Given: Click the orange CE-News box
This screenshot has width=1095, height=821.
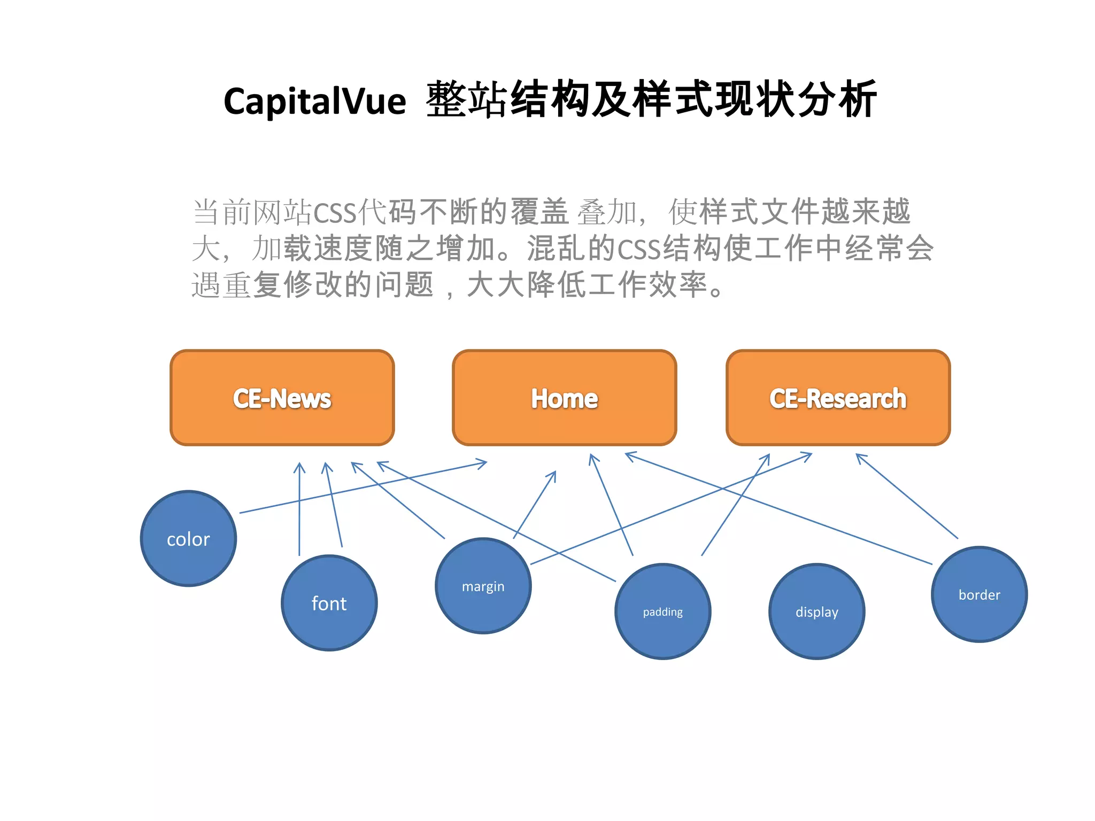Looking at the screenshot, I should (x=282, y=398).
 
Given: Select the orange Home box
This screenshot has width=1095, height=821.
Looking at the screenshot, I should (x=564, y=398).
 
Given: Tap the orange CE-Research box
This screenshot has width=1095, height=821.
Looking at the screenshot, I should (x=838, y=398).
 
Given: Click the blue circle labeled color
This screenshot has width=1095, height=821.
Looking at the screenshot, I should (x=188, y=539).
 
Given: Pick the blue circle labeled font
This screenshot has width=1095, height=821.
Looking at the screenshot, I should (x=329, y=603).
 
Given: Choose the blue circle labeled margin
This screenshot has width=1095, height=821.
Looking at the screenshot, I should (x=483, y=586).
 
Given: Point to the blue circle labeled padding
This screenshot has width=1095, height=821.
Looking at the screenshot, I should (x=663, y=611).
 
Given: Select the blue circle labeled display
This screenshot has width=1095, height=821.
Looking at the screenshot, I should (x=816, y=611).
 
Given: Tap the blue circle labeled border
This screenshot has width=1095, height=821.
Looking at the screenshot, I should (x=979, y=594).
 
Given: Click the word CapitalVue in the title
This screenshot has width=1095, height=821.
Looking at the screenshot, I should (x=314, y=102).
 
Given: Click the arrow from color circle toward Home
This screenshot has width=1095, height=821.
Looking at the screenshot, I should (x=364, y=487).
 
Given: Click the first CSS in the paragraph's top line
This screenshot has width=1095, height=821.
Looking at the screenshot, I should (x=335, y=213).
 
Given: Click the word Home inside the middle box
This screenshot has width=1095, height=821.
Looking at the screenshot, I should (x=564, y=399).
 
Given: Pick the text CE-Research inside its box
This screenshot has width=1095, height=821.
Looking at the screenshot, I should (x=838, y=399).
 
